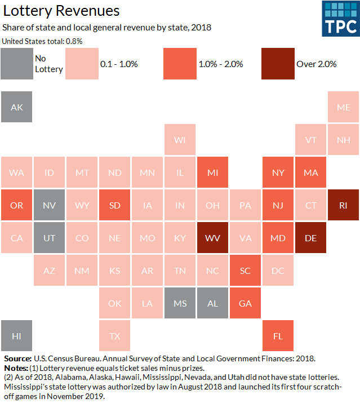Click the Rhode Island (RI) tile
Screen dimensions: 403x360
tap(343, 205)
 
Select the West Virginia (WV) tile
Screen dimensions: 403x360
tap(212, 238)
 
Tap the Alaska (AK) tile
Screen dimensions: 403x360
tap(17, 107)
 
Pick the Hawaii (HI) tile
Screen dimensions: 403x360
tap(17, 336)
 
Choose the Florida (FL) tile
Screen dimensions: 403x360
tap(278, 336)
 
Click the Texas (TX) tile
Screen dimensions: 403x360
tap(114, 336)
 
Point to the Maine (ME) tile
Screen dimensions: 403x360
tap(343, 107)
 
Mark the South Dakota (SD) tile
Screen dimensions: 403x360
tap(114, 205)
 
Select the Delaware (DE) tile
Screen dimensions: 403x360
tap(310, 238)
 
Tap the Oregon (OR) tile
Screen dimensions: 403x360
tap(17, 205)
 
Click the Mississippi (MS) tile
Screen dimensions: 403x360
tap(180, 303)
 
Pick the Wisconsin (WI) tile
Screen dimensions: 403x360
tap(180, 140)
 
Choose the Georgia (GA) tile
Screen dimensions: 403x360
tap(245, 303)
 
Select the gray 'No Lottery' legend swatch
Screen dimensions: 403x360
tap(17, 64)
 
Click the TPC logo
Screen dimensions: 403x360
tap(340, 19)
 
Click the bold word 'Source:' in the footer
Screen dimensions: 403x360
tap(17, 358)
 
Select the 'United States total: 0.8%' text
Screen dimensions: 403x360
tap(42, 41)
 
